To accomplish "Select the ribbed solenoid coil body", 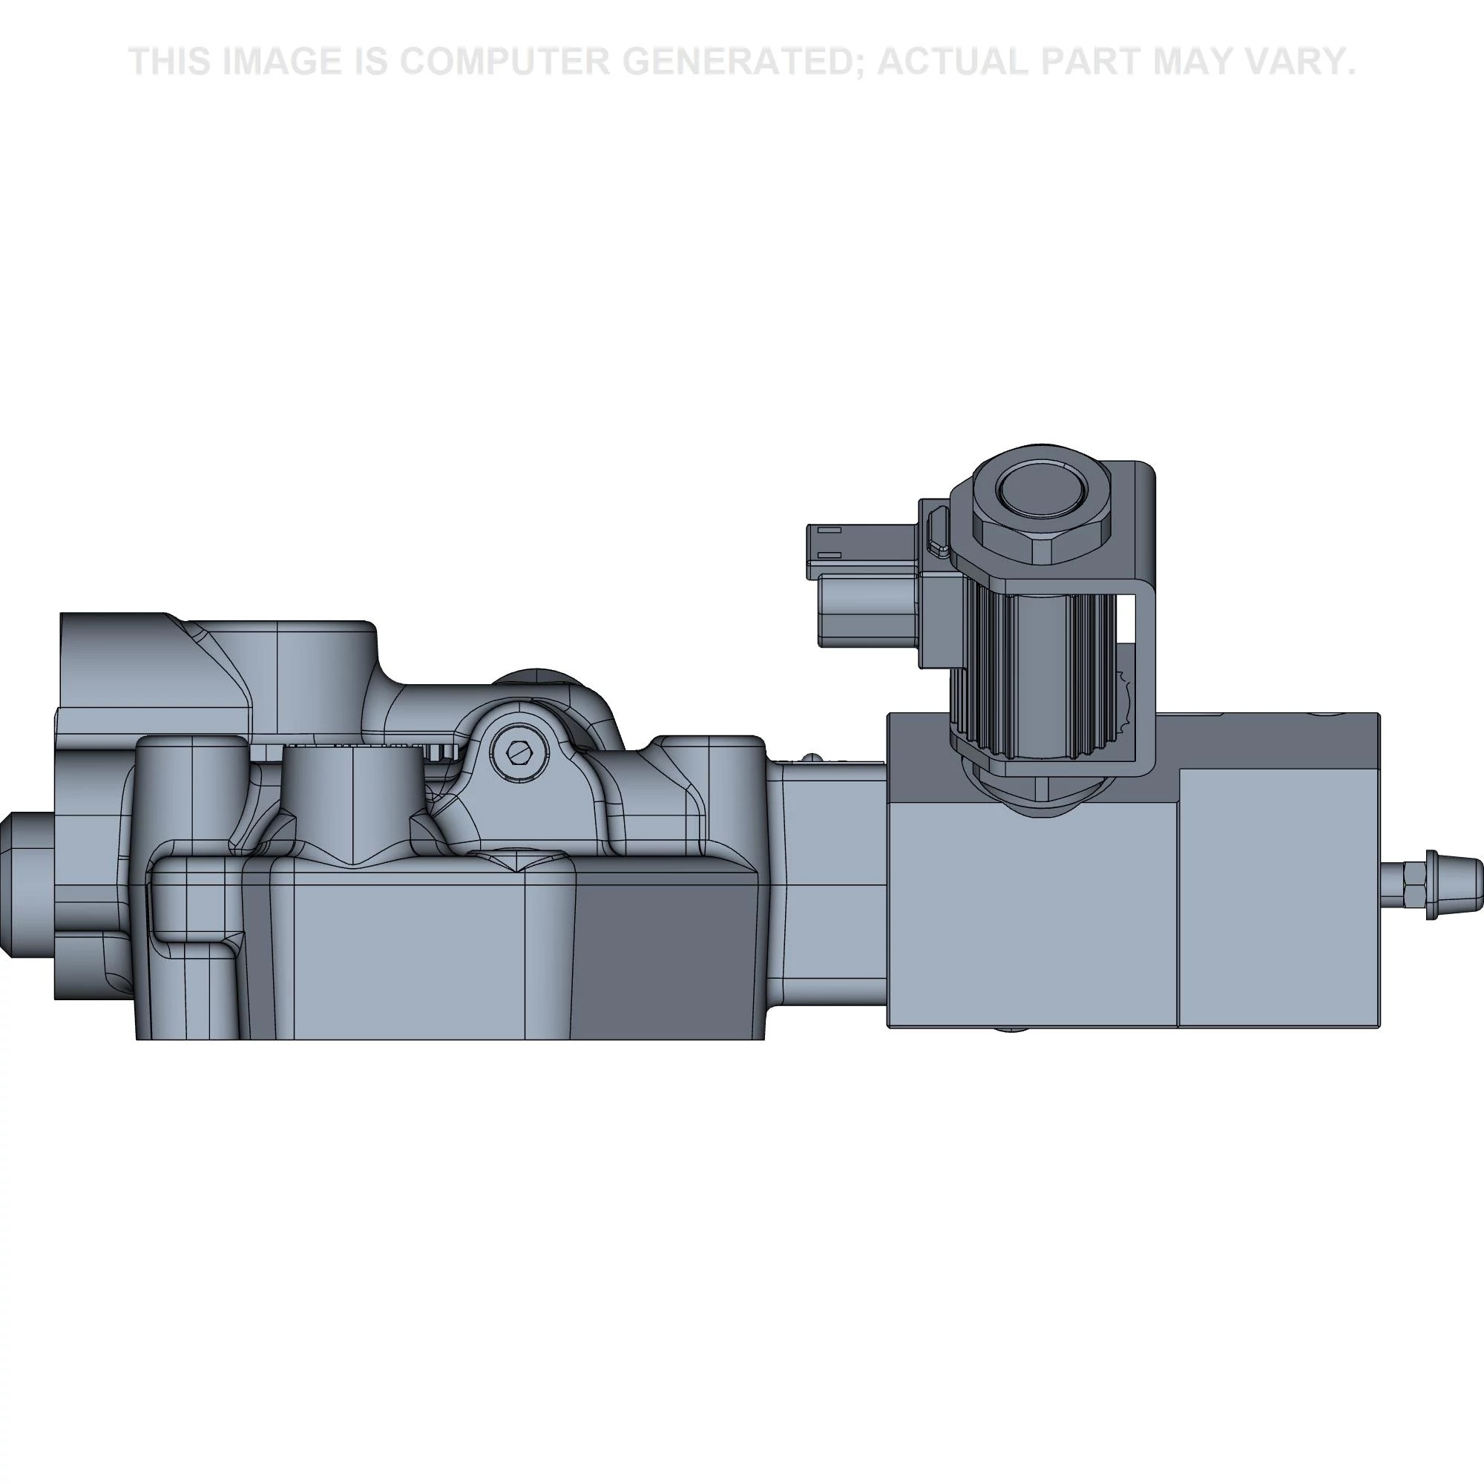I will pyautogui.click(x=1029, y=660).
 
